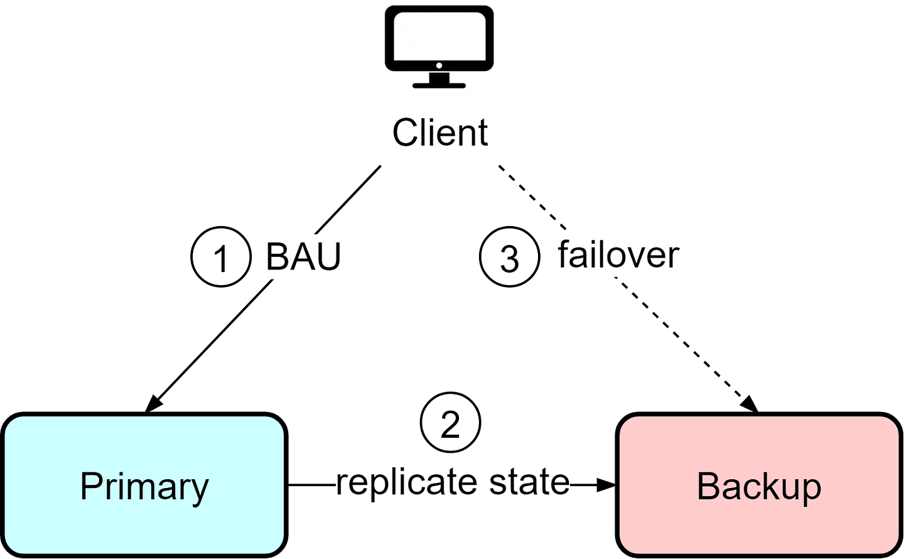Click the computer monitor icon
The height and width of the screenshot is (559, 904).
click(x=439, y=46)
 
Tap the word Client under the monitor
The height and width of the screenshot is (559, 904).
click(x=440, y=133)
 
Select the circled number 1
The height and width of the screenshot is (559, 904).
click(x=221, y=257)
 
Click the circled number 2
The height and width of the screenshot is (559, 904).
click(x=450, y=423)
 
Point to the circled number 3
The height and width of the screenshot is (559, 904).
click(x=510, y=257)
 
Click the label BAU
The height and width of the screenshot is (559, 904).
click(x=303, y=256)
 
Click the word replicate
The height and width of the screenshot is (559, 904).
click(x=407, y=484)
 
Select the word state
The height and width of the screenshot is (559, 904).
click(x=529, y=482)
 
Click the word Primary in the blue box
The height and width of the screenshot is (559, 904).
click(x=144, y=487)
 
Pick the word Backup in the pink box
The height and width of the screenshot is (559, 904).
click(x=759, y=487)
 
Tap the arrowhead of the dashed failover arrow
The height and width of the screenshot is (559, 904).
click(x=749, y=404)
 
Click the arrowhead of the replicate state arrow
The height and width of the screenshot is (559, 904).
click(x=606, y=485)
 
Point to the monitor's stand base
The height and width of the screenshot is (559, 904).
click(x=439, y=85)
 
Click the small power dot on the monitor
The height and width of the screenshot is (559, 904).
click(x=439, y=65)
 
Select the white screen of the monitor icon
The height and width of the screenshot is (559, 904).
click(x=439, y=36)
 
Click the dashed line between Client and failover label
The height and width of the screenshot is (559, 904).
click(x=532, y=197)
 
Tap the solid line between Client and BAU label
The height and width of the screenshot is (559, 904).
click(x=348, y=200)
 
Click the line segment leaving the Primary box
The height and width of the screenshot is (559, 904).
click(x=311, y=485)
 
